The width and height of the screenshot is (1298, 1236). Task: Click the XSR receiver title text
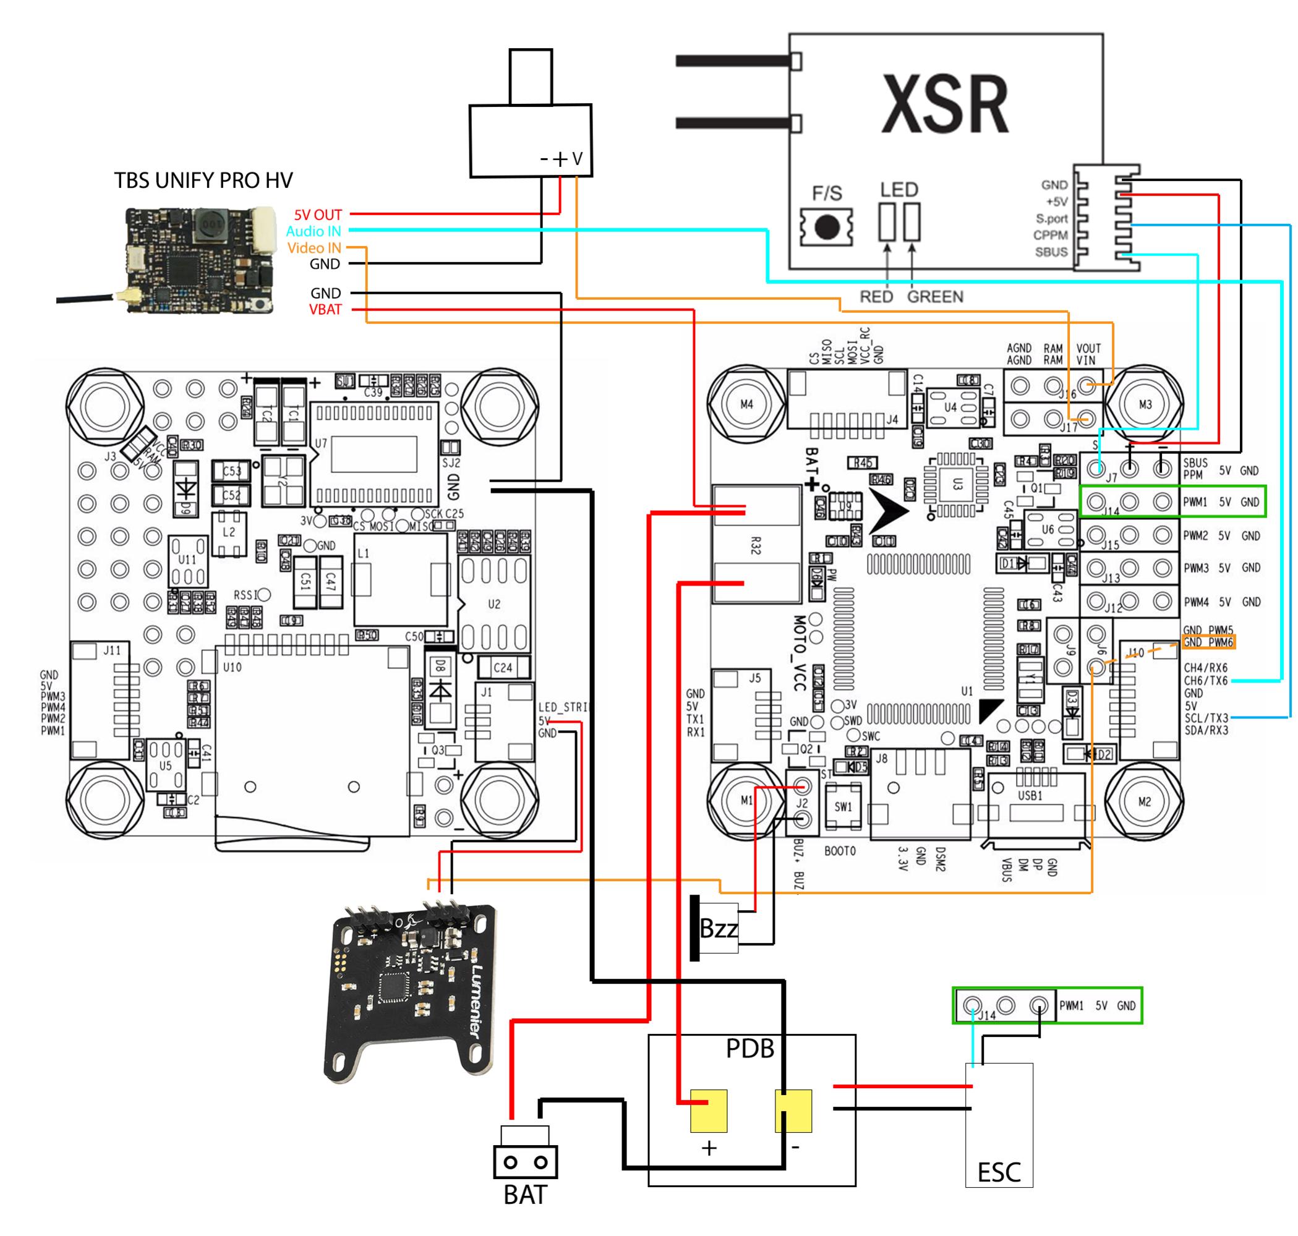[944, 104]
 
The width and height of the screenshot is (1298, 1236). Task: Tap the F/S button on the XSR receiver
[826, 228]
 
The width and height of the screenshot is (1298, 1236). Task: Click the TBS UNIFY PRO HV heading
[203, 180]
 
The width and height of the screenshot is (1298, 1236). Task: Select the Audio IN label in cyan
[314, 231]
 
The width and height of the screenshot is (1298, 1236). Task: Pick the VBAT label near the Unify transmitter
[325, 310]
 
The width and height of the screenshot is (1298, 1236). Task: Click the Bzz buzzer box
[717, 928]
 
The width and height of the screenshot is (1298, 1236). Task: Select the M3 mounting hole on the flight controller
[1145, 404]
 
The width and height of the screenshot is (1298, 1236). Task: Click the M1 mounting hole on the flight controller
[746, 801]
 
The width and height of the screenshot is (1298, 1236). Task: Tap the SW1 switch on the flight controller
[843, 806]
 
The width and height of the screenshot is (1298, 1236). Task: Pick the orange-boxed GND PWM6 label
[1207, 642]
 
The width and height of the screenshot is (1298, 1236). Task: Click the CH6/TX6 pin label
[1205, 681]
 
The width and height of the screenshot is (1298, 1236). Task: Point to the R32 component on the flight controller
[755, 545]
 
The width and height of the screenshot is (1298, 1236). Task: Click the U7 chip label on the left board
[321, 443]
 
